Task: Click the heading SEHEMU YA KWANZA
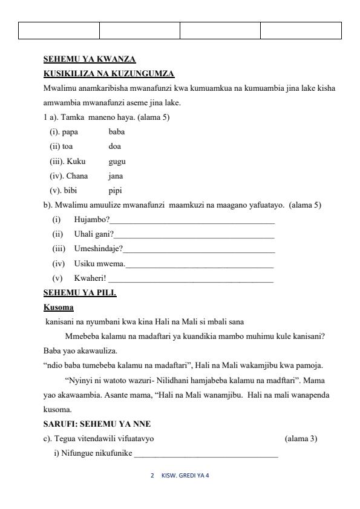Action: coord(90,59)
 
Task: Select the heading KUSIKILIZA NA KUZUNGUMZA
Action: coord(109,74)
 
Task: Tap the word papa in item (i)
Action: coord(70,133)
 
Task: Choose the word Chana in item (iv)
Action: coord(77,176)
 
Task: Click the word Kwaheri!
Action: coord(90,278)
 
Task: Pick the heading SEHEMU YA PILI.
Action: coord(80,293)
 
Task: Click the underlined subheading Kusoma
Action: coord(59,307)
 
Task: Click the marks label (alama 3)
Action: coord(301,438)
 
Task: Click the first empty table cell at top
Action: coord(59,30)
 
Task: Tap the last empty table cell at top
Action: coord(301,30)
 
